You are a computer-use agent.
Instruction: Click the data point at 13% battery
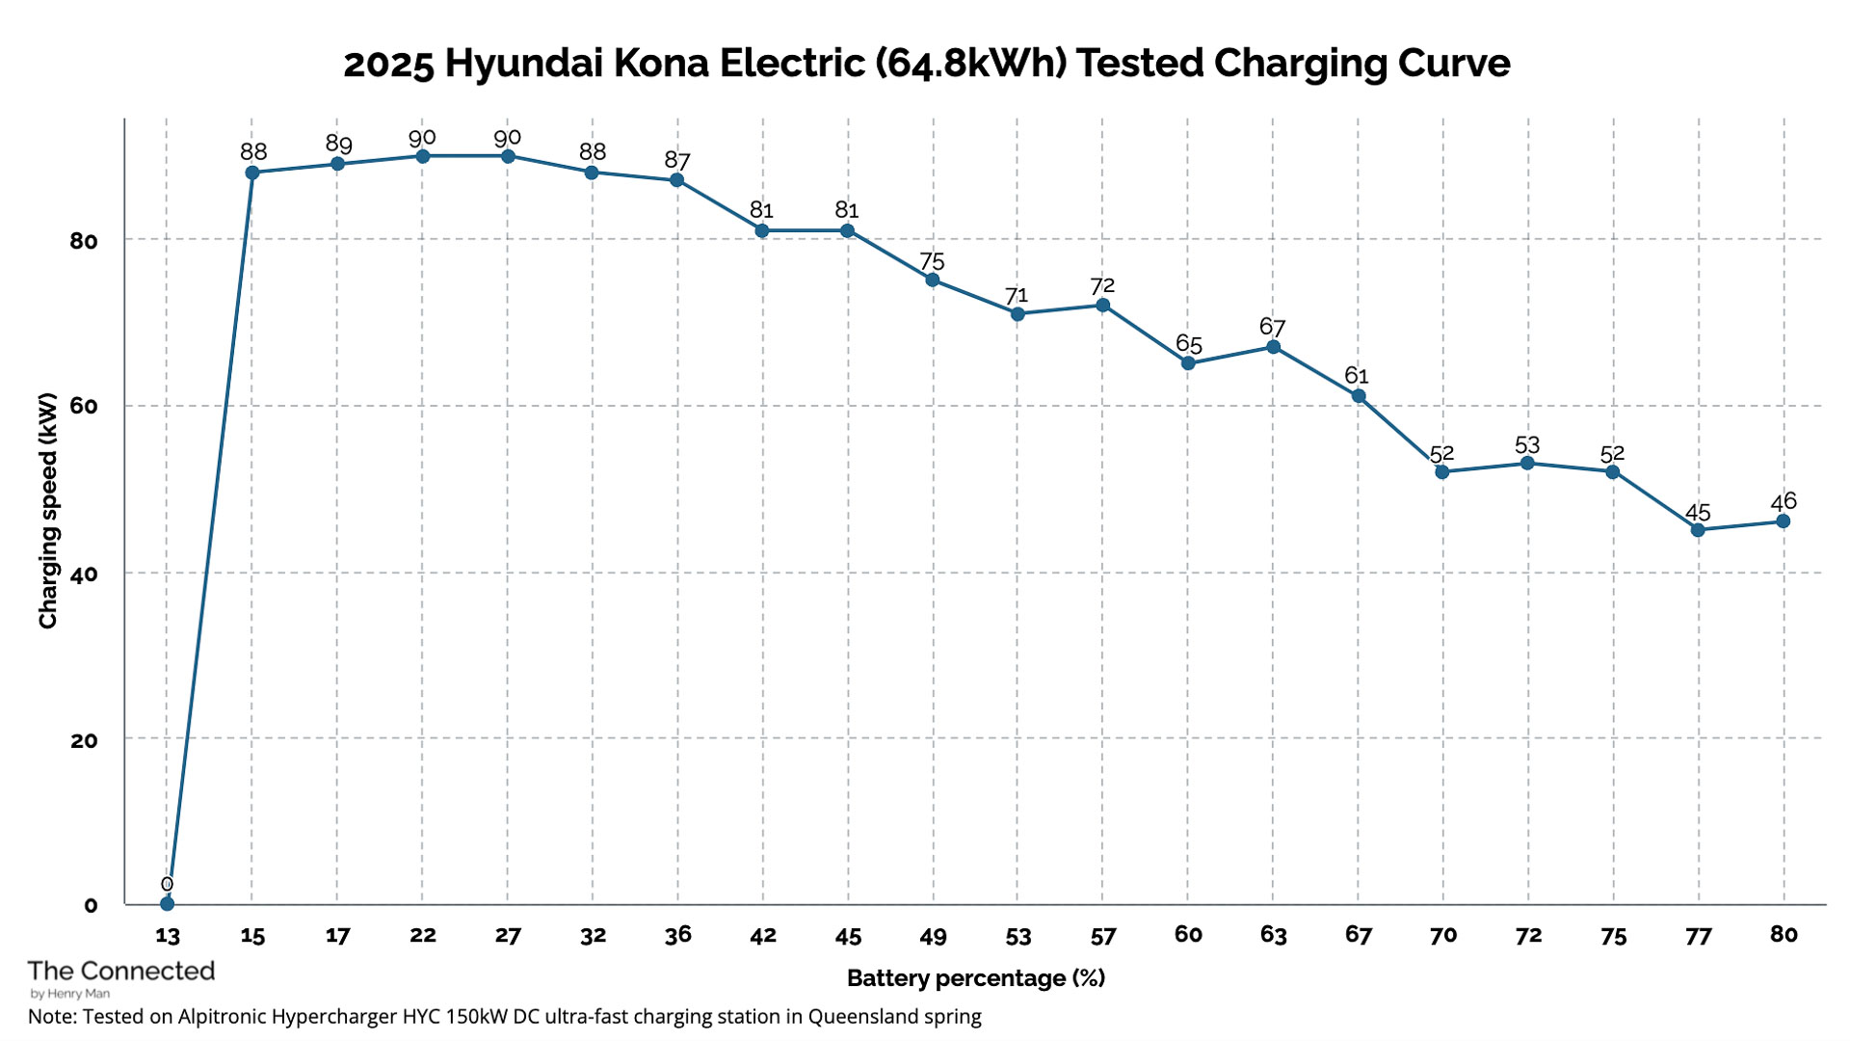167,903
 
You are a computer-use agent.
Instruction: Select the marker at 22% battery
422,156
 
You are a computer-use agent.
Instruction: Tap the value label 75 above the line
932,262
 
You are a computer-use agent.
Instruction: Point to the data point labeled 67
1273,347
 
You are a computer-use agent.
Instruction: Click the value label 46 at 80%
1784,501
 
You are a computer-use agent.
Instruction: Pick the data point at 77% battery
1698,530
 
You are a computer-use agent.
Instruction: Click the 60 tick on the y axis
84,406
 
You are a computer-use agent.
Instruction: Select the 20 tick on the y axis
84,740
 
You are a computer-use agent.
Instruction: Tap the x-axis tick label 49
933,936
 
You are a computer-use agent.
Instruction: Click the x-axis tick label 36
677,935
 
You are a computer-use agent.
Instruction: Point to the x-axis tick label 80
1784,934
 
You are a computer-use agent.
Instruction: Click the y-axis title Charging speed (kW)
48,511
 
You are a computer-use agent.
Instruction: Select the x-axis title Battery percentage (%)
975,978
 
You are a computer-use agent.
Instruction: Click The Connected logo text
121,971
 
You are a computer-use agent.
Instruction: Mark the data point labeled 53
1527,464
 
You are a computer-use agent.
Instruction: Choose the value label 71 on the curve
1017,296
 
